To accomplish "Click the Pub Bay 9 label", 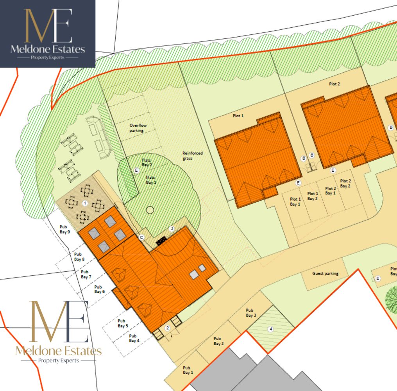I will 64,229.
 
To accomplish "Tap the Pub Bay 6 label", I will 100,289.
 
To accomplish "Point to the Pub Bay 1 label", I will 188,370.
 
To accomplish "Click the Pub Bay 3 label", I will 251,313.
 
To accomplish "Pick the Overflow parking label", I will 136,128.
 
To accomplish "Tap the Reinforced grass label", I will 193,156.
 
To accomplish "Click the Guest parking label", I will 325,273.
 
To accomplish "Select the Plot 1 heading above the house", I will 238,116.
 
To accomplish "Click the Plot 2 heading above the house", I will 334,84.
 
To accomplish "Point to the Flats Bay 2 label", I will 147,163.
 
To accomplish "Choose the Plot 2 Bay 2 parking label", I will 345,183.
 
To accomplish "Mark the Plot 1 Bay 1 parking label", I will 295,202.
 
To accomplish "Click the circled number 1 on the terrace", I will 85,203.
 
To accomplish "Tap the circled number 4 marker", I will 270,329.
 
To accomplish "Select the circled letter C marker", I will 141,237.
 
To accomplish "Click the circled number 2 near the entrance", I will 167,328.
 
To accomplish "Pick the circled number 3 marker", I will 171,228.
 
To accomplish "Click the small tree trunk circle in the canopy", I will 150,210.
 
